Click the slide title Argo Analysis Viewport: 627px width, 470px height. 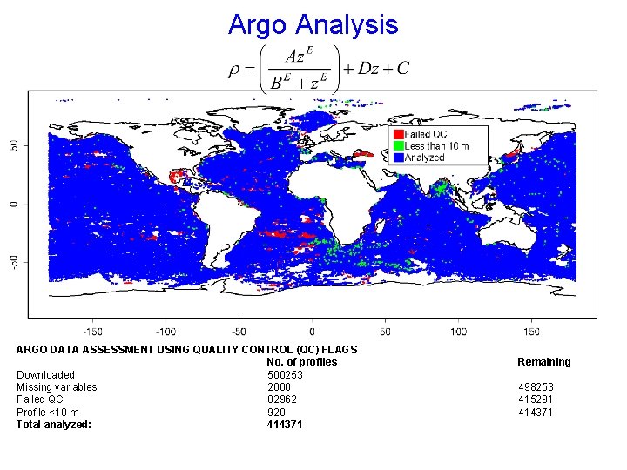tap(313, 24)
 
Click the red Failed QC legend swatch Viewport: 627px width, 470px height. tap(398, 135)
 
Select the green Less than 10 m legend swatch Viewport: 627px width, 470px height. tap(398, 146)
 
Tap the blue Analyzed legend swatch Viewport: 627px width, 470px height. tap(398, 158)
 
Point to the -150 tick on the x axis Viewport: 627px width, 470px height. tap(92, 332)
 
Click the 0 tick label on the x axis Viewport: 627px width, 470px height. tap(312, 332)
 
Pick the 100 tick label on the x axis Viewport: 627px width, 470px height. tap(458, 332)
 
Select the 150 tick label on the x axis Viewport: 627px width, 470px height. tap(531, 332)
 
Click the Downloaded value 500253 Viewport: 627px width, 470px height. tap(286, 375)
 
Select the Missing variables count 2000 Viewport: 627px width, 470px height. tap(280, 387)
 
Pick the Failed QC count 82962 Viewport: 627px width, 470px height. tap(282, 399)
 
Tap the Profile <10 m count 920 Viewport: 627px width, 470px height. tap(276, 413)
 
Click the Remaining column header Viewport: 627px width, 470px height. tap(544, 362)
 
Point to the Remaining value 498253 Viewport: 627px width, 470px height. tap(536, 387)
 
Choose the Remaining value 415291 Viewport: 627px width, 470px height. tap(536, 399)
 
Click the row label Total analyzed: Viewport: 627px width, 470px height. tap(54, 425)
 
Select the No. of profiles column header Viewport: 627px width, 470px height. tap(301, 362)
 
